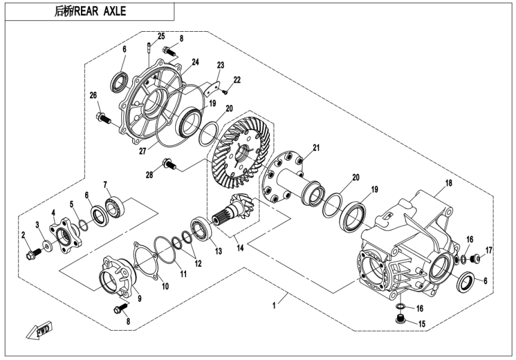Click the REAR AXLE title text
(90, 11)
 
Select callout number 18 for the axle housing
(448, 182)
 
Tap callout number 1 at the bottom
(274, 306)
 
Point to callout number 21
(316, 148)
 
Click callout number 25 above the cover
(161, 37)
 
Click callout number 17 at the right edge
(489, 250)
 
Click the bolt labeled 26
(103, 118)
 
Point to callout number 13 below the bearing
(217, 251)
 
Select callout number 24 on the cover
(195, 62)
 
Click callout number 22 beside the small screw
(237, 79)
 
